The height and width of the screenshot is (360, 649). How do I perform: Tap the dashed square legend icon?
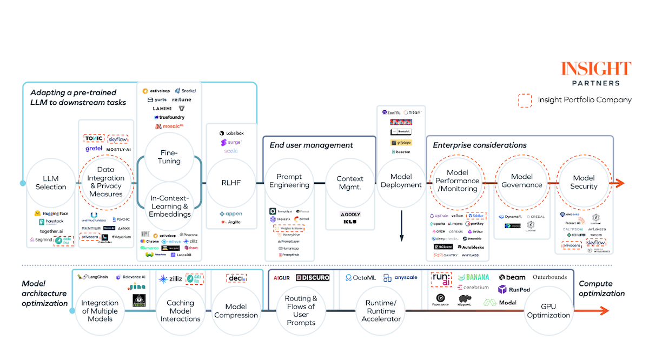pos(525,100)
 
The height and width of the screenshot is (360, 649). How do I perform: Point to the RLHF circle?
pos(230,183)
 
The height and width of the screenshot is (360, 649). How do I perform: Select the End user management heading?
pos(311,145)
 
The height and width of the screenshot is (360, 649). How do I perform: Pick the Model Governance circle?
pos(522,181)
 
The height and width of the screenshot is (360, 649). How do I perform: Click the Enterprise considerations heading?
pos(479,145)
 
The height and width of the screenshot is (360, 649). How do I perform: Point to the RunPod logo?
pos(514,290)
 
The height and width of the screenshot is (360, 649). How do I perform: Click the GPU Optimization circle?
pos(548,311)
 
